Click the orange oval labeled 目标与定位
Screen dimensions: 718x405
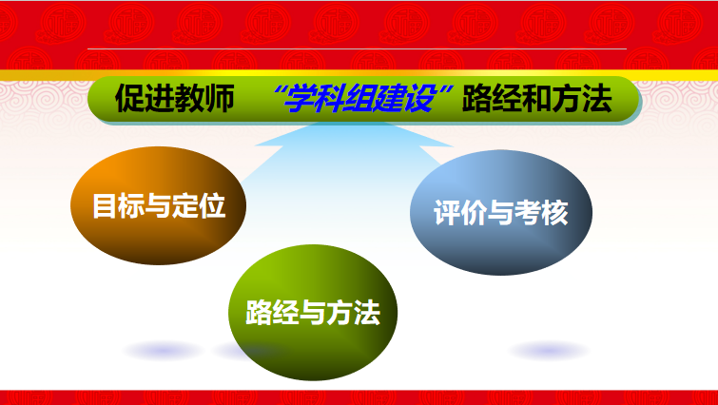[x=159, y=205]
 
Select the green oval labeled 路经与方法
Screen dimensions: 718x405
[x=313, y=313]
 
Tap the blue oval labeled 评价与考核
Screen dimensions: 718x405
[x=501, y=212]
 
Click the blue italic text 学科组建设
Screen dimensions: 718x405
[x=359, y=99]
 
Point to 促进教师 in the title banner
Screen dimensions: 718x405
[x=174, y=99]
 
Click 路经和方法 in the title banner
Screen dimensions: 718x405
[x=536, y=99]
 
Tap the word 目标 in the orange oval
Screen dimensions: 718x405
[x=118, y=206]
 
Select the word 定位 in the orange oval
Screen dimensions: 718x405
[x=199, y=206]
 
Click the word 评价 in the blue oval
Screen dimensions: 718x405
[x=459, y=213]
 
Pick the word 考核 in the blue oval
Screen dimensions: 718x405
[x=541, y=213]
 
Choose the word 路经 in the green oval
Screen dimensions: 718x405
[x=272, y=313]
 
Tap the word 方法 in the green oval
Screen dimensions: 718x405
[x=353, y=313]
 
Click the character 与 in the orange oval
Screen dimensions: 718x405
[x=158, y=206]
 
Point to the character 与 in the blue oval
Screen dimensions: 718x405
[x=500, y=213]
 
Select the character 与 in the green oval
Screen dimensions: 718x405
[x=312, y=313]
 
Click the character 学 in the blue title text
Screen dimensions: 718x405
[x=299, y=99]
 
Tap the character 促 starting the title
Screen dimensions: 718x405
[x=129, y=99]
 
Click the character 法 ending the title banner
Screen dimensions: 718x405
[x=597, y=99]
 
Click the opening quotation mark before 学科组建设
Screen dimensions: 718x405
[x=277, y=90]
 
